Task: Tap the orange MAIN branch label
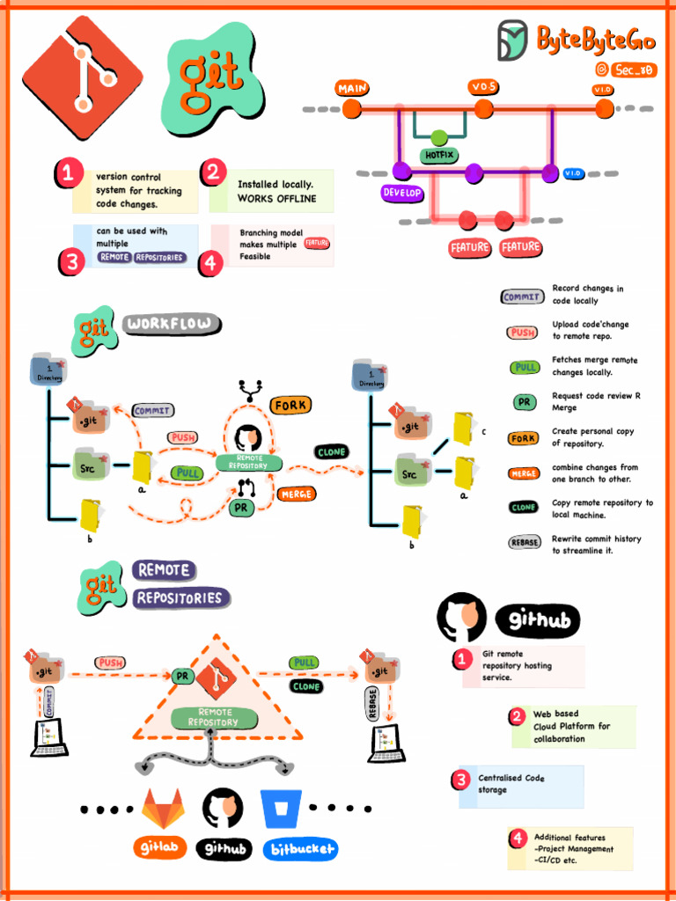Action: [x=352, y=88]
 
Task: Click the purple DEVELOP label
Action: [x=402, y=193]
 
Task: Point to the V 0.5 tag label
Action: [x=483, y=86]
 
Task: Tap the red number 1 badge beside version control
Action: [x=68, y=173]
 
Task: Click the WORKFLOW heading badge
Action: [x=171, y=324]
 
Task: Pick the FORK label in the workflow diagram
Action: [x=290, y=406]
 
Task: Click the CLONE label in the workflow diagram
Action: [x=331, y=452]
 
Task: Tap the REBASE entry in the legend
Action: [x=525, y=543]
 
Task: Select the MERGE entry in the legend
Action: [x=524, y=473]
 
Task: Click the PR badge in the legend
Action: [x=525, y=402]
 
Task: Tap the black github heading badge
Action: [x=539, y=620]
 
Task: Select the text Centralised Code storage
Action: [x=511, y=784]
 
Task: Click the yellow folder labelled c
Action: [x=463, y=429]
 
